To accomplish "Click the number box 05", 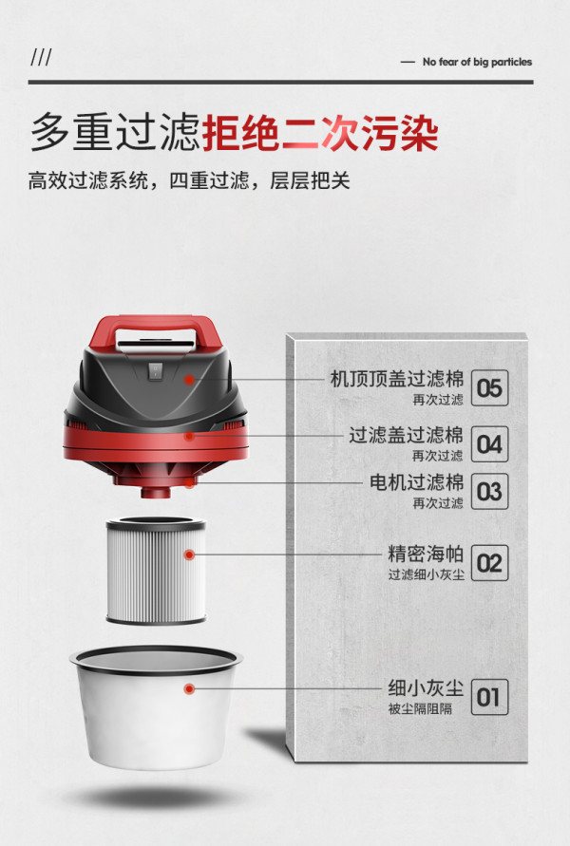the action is [489, 387].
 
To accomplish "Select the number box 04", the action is [489, 444].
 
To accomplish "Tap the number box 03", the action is [489, 491].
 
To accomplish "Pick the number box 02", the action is [489, 563].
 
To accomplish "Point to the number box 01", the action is [489, 697].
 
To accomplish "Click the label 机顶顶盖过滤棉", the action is [397, 379].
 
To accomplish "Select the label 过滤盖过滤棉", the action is [406, 435].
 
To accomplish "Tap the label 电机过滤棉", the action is [416, 481].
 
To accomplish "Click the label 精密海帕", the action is [426, 554].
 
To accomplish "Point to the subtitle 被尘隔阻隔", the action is [420, 708].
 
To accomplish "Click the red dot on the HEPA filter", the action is [189, 555].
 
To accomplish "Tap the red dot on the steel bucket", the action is [189, 688].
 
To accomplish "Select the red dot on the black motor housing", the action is [189, 380].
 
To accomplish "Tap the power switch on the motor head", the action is [154, 370].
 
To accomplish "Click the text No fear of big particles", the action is [477, 62].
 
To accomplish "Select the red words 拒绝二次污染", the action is [320, 133].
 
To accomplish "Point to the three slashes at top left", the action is [41, 57].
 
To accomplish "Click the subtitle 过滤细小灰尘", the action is [426, 574].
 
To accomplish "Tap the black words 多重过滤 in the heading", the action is [116, 133].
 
